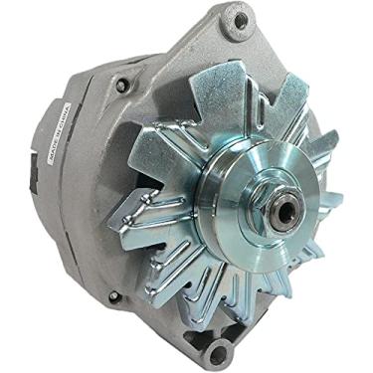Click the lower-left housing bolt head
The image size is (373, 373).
tap(112, 296)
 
